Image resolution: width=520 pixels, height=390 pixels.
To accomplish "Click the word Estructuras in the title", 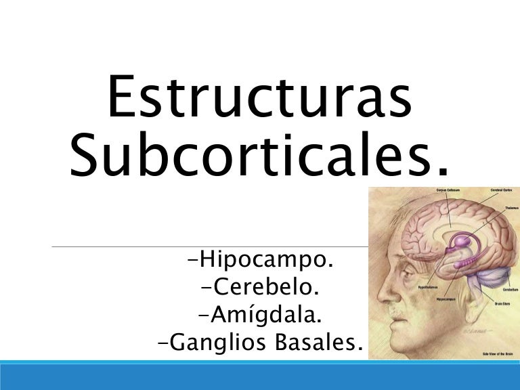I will (x=259, y=96).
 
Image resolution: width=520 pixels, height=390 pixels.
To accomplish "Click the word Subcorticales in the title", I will (x=259, y=154).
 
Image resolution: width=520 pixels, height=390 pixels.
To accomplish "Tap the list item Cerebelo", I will (x=260, y=288).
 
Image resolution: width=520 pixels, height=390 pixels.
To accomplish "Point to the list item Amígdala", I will (x=260, y=315).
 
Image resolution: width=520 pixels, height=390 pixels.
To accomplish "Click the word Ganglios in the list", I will (x=212, y=343).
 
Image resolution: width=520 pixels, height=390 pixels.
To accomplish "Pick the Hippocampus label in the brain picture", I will (x=429, y=298).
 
